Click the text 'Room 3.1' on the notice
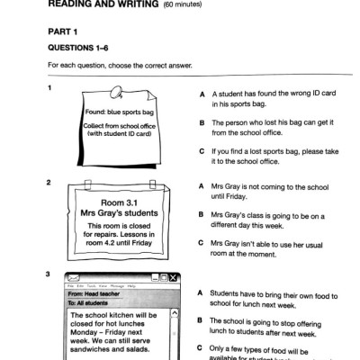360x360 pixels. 117,202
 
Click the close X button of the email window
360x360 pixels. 175,277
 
